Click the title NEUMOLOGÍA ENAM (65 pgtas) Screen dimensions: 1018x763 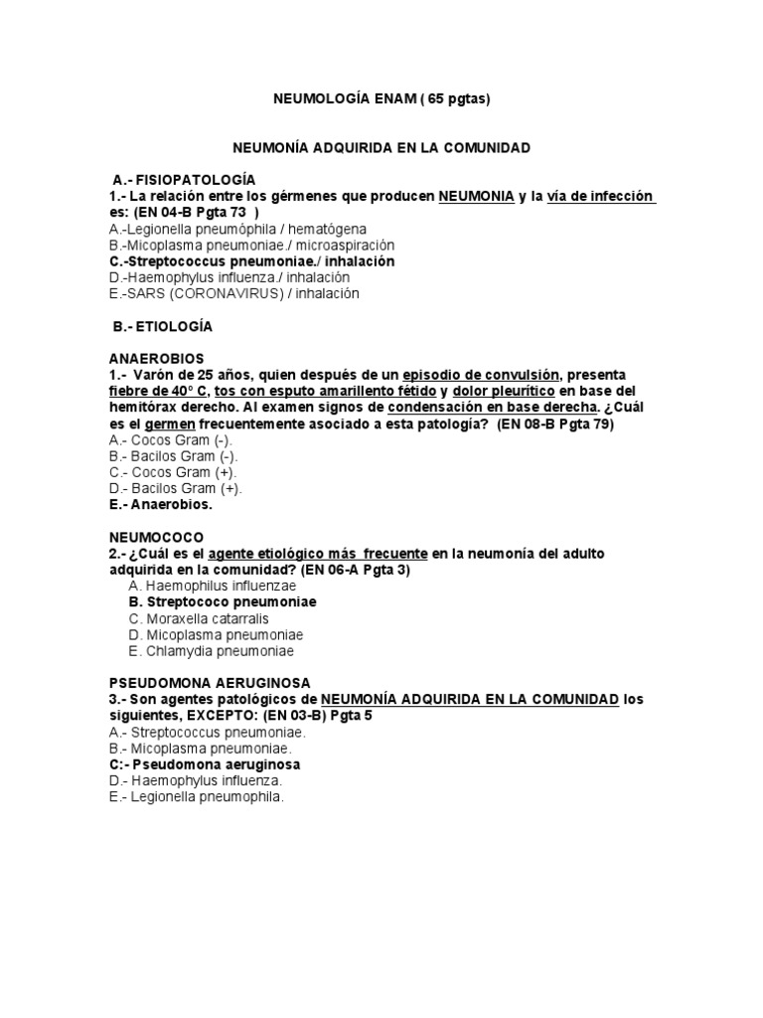tap(381, 99)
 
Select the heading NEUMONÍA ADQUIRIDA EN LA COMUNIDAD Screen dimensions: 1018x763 tap(381, 148)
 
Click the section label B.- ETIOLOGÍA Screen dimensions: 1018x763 tap(162, 326)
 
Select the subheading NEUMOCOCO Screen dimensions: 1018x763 tap(155, 537)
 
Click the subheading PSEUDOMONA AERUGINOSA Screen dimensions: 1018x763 tap(209, 683)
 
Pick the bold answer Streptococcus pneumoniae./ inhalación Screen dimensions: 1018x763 tap(251, 261)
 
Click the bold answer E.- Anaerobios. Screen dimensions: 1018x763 tap(160, 504)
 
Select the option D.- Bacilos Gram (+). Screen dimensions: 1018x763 tap(175, 488)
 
